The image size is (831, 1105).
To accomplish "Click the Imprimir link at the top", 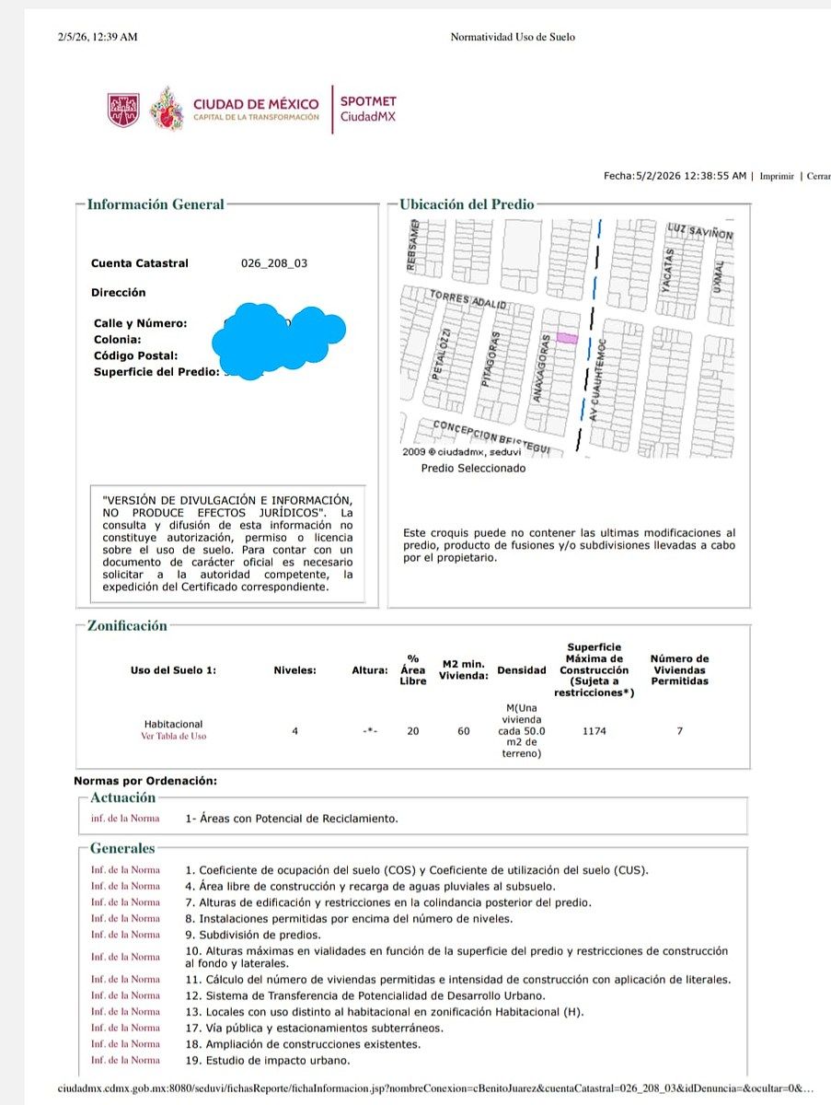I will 777,176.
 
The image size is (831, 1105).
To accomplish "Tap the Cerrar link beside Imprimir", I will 818,176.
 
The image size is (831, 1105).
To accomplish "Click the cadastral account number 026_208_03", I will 274,263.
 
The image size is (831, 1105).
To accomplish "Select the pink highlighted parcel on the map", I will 568,339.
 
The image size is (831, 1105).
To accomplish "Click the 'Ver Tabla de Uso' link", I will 173,736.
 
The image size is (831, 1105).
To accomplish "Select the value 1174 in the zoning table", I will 594,731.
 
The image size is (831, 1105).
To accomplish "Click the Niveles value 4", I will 294,731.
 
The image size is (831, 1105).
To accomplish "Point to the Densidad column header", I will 521,670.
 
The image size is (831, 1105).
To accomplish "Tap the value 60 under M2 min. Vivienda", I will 464,731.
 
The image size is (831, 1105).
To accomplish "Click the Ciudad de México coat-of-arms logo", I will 123,109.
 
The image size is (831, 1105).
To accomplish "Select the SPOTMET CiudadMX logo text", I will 368,109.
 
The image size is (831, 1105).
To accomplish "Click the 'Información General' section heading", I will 156,204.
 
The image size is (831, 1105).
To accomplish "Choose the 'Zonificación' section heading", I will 127,626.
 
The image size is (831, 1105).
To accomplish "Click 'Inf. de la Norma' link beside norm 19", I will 125,1060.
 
